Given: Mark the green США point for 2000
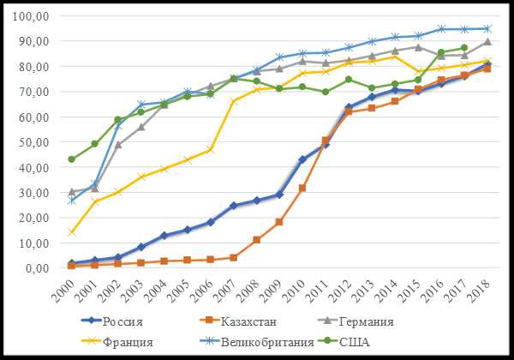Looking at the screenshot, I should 72,159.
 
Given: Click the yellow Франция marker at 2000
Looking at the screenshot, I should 72,232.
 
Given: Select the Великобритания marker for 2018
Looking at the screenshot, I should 487,28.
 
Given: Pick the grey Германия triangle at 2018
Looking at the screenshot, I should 487,42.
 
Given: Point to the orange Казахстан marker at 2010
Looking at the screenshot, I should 302,188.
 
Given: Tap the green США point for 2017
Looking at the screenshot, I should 464,48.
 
